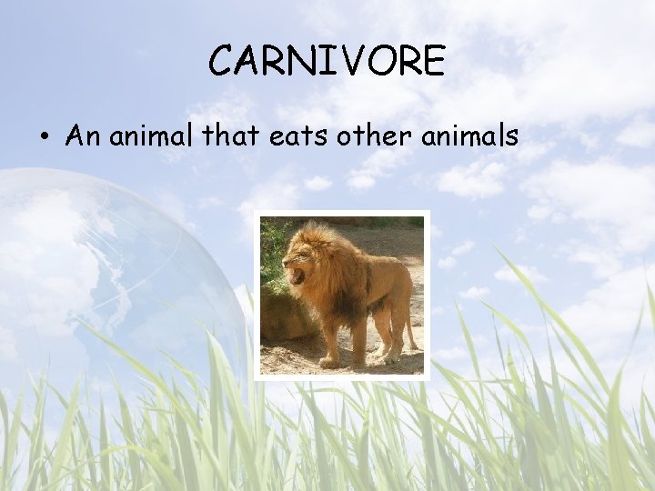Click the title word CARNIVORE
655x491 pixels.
(327, 61)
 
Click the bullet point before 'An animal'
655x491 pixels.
(44, 137)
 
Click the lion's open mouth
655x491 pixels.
(296, 275)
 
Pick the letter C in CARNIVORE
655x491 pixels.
(220, 61)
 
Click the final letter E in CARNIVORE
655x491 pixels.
(433, 61)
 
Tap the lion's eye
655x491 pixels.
(301, 254)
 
